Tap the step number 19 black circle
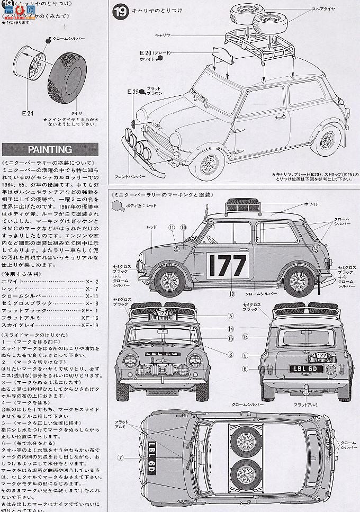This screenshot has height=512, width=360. pyautogui.click(x=120, y=11)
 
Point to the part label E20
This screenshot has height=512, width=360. pyautogui.click(x=146, y=53)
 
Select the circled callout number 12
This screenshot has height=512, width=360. pyautogui.click(x=231, y=293)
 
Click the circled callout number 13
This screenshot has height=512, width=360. pyautogui.click(x=246, y=336)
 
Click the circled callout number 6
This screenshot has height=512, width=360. pyautogui.click(x=246, y=369)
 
